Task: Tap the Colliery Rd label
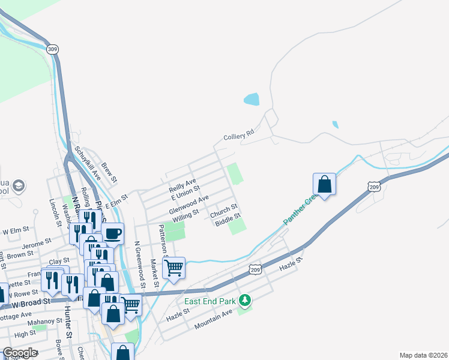[x=239, y=137]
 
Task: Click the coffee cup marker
[x=112, y=232]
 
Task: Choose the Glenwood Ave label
[x=188, y=204]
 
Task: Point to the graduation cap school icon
[x=19, y=185]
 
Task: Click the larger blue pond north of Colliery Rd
[x=252, y=99]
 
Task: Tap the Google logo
[x=20, y=353]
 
